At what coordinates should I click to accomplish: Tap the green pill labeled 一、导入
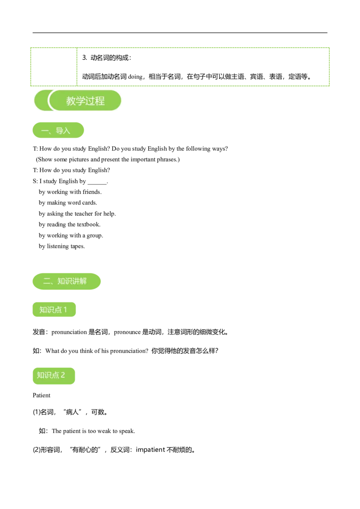click(58, 130)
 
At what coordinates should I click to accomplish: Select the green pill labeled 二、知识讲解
click(67, 281)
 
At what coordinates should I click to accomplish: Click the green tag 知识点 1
click(54, 309)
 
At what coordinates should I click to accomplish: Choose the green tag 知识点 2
click(54, 375)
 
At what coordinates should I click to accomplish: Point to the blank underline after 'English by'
click(97, 183)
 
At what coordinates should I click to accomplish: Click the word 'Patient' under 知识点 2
click(41, 395)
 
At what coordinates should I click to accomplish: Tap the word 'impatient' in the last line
click(150, 450)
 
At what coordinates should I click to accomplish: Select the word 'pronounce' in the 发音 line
click(127, 332)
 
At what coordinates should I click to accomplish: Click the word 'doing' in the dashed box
click(135, 77)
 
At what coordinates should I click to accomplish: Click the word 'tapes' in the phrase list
click(77, 246)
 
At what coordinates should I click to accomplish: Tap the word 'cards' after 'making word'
click(89, 202)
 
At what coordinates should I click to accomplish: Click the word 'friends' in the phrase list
click(91, 192)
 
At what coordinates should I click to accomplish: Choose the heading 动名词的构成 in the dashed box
click(109, 58)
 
